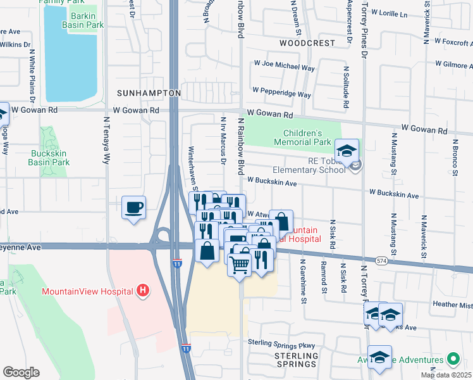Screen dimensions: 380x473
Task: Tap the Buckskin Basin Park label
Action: (x=49, y=157)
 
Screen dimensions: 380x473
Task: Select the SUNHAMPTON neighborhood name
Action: (x=149, y=92)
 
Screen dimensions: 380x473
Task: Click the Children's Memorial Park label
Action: (x=303, y=138)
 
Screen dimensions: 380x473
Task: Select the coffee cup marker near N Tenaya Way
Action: (x=133, y=208)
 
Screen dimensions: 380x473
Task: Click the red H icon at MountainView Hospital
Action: (x=144, y=291)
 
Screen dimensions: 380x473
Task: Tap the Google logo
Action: (x=21, y=372)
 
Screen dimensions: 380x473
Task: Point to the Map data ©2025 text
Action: (x=446, y=375)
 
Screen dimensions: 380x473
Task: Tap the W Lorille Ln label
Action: (x=392, y=12)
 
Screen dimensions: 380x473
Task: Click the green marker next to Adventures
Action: (x=452, y=359)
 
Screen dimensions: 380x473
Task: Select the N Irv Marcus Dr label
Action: (x=223, y=139)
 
